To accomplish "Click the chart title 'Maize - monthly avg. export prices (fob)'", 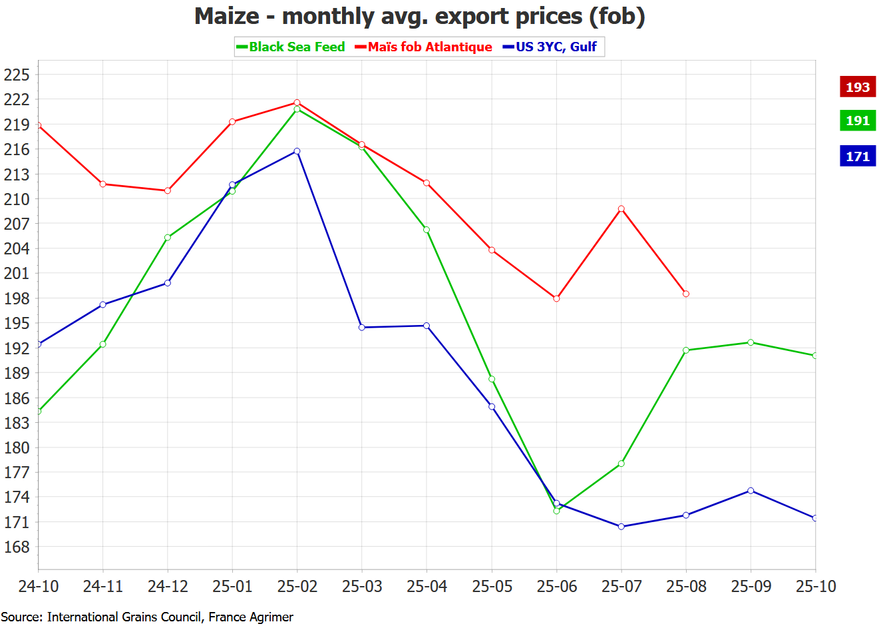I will [419, 16].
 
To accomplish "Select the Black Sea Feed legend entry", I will [291, 47].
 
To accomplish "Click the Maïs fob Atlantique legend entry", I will [424, 47].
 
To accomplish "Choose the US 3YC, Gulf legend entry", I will [550, 47].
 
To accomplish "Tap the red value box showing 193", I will [857, 87].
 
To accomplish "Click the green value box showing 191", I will [857, 121].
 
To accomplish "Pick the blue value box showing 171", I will [857, 157].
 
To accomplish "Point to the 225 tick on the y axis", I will [17, 75].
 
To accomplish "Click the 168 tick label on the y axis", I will [17, 547].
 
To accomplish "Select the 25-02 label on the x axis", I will [297, 587].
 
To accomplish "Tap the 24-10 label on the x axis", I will [39, 587].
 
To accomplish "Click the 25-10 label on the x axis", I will [816, 587].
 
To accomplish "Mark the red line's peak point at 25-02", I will [297, 103].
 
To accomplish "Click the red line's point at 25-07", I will [621, 209].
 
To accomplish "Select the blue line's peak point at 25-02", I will [297, 151].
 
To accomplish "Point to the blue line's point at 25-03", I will [362, 328].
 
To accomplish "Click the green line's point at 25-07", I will [621, 464].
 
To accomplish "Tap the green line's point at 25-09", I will [751, 342].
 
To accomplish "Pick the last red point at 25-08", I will [686, 294].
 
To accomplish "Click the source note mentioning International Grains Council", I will [146, 617].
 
